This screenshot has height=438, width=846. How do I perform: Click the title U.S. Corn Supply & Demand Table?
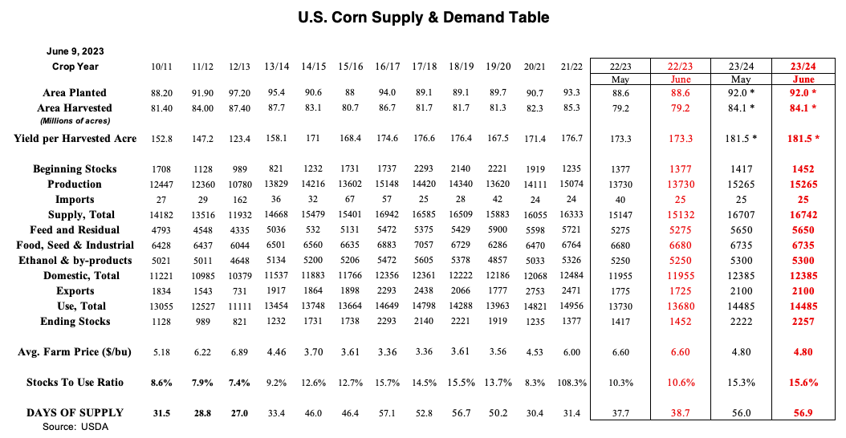click(x=423, y=17)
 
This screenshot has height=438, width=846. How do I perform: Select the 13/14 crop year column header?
click(x=277, y=66)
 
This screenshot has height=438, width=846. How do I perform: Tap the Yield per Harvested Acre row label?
click(x=75, y=139)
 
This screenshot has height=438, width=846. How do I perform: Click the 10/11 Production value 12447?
click(x=163, y=185)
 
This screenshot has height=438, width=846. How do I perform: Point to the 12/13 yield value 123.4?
click(x=239, y=139)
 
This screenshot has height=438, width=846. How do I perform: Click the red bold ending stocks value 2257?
click(x=802, y=322)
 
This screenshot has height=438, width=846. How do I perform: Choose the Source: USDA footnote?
click(x=75, y=427)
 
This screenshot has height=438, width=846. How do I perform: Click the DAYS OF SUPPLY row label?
click(x=75, y=413)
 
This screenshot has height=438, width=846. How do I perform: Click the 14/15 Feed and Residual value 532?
click(x=313, y=230)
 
